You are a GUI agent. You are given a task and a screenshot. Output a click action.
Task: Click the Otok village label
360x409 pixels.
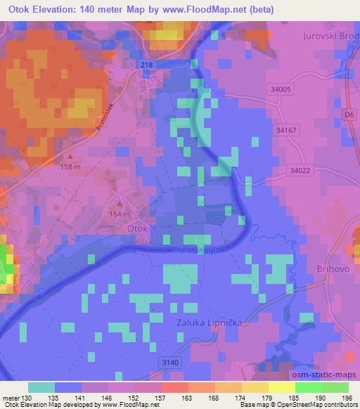138,228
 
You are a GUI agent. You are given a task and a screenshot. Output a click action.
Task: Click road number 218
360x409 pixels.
147,65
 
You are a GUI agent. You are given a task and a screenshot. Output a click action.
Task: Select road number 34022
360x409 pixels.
300,170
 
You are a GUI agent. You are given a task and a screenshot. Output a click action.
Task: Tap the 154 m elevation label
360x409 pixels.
120,214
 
